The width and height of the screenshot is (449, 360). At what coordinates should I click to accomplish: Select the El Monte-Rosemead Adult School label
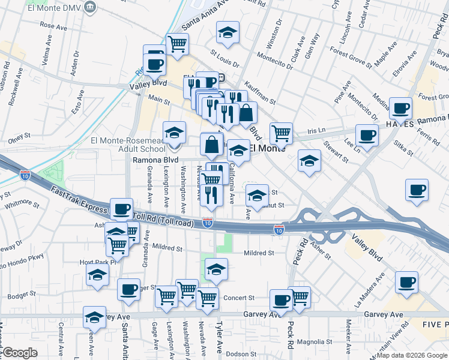pyautogui.click(x=127, y=145)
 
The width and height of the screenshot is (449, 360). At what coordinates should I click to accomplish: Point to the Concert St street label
pyautogui.click(x=239, y=298)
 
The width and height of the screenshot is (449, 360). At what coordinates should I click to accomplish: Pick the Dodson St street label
pyautogui.click(x=242, y=353)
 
